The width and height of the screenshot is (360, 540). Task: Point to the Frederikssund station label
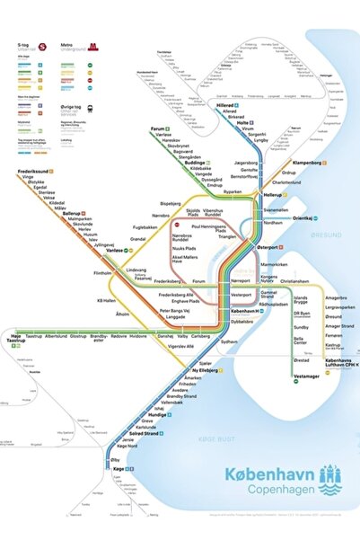coord(37,171)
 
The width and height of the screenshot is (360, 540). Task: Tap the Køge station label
coord(118,468)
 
